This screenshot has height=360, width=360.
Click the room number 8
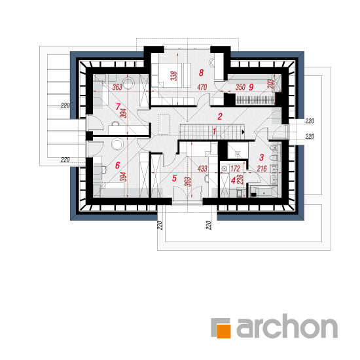(x=201, y=73)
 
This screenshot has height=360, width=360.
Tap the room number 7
(x=118, y=107)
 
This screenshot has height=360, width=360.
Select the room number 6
(x=118, y=166)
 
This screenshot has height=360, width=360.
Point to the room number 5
(x=174, y=178)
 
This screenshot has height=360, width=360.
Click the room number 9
(x=251, y=87)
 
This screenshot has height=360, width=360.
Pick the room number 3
(x=262, y=158)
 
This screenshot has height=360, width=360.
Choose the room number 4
(x=233, y=181)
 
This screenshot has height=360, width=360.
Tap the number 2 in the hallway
(x=220, y=117)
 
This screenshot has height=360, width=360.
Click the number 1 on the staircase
(x=214, y=132)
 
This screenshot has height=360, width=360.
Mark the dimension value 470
(x=202, y=87)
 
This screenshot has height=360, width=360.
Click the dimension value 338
(x=174, y=76)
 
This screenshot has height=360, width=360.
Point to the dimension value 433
(x=202, y=169)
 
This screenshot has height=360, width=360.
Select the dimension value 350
(x=240, y=87)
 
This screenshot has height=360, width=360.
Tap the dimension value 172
(x=235, y=169)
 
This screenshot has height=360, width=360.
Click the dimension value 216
(x=262, y=169)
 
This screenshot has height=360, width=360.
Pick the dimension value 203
(x=271, y=84)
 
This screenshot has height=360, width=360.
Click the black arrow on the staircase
(x=243, y=132)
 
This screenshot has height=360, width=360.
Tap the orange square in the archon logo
(x=224, y=331)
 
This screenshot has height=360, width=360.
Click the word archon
(x=287, y=326)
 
